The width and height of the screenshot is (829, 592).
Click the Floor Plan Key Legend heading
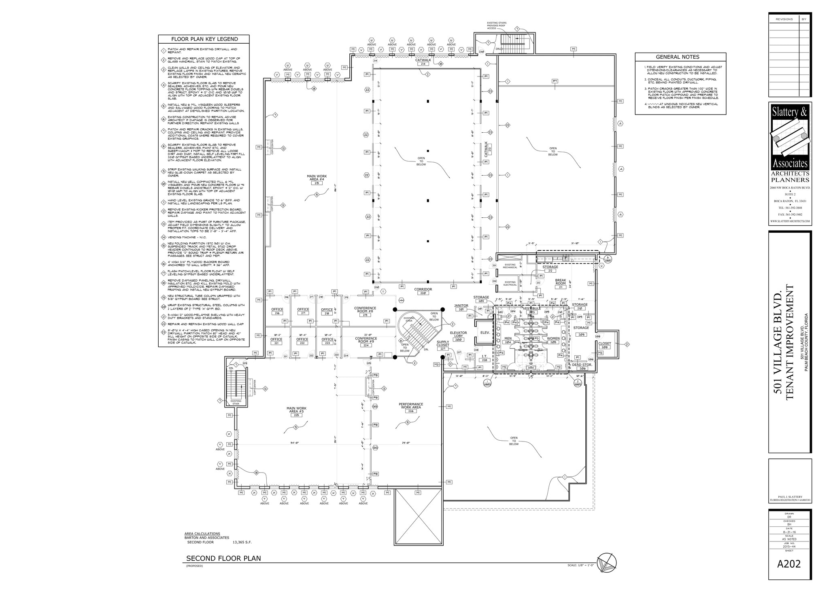204,39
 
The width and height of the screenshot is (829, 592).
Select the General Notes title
680,57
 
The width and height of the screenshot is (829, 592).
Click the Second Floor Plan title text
223,558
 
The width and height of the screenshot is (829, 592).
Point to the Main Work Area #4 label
317,178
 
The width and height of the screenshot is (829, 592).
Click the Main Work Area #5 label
296,410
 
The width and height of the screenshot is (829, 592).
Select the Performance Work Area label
410,406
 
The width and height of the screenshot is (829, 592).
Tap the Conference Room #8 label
365,310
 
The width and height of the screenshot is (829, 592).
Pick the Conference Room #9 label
366,340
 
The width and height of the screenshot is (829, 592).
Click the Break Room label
560,282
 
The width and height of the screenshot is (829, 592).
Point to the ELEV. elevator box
485,333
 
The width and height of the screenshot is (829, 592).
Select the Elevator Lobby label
458,335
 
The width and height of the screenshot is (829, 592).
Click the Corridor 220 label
423,289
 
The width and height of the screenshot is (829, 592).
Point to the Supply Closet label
443,344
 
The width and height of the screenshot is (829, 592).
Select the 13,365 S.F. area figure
242,542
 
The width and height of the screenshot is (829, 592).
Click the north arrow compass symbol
606,562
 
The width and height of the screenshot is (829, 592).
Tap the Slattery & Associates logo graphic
790,140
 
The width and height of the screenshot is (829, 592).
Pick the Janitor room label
461,306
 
